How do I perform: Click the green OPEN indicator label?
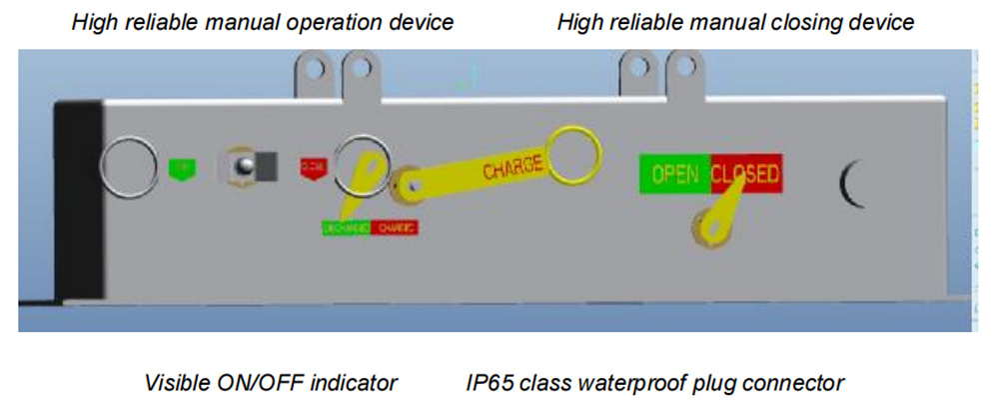pos(674,174)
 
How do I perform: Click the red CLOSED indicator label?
pos(745,174)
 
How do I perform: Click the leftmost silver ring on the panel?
pos(131,164)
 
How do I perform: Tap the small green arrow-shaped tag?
pos(181,167)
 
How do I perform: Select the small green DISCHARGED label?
pos(346,227)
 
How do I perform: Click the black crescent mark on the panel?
pos(852,180)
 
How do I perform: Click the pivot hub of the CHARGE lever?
pos(407,181)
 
